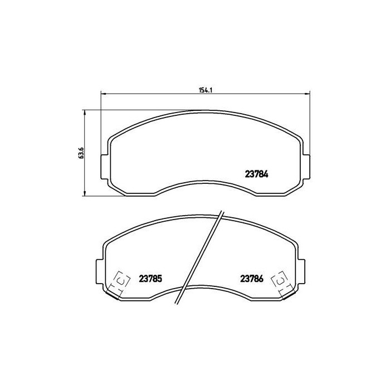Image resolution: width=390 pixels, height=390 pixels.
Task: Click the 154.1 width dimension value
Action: (x=205, y=90)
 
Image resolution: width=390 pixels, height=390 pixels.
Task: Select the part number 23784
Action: (x=256, y=174)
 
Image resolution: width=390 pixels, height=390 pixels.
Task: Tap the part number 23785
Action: (x=150, y=279)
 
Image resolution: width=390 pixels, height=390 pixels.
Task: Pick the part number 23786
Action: (x=251, y=279)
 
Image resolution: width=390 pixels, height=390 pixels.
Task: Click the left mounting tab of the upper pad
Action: (x=105, y=167)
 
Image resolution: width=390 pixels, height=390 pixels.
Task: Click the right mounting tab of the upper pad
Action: (x=306, y=167)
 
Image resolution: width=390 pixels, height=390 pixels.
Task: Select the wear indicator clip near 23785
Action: (x=120, y=284)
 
